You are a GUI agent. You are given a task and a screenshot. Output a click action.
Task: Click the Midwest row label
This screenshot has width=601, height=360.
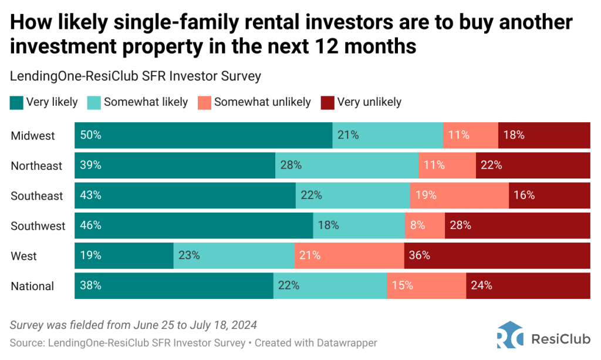pyautogui.click(x=33, y=136)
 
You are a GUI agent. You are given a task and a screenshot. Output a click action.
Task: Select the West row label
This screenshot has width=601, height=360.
pyautogui.click(x=24, y=256)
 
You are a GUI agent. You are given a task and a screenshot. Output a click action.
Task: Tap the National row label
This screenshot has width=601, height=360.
pyautogui.click(x=33, y=287)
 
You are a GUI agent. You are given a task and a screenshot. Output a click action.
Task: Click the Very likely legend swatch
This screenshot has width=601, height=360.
pyautogui.click(x=17, y=103)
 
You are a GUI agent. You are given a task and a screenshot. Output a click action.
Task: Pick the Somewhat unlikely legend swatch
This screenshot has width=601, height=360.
pyautogui.click(x=205, y=103)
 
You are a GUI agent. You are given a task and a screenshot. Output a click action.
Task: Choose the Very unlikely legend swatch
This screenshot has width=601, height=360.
pyautogui.click(x=327, y=103)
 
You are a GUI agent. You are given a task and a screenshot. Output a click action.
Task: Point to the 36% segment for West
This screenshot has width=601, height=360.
pyautogui.click(x=497, y=255)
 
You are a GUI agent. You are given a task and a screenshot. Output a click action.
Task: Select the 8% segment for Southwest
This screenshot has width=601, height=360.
pyautogui.click(x=424, y=226)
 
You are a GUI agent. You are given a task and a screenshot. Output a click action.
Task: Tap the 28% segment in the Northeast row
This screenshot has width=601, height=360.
pyautogui.click(x=347, y=166)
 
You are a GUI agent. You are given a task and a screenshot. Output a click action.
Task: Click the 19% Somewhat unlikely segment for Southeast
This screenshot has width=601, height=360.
pyautogui.click(x=459, y=196)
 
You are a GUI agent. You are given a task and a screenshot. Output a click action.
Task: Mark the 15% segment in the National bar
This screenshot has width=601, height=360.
pyautogui.click(x=426, y=286)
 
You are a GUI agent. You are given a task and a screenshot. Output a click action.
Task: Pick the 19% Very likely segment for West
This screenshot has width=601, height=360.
pyautogui.click(x=124, y=255)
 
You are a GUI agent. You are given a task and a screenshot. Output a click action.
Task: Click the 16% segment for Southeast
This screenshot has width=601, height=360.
pyautogui.click(x=549, y=196)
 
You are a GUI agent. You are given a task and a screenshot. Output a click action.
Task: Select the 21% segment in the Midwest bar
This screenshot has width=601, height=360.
pyautogui.click(x=387, y=135)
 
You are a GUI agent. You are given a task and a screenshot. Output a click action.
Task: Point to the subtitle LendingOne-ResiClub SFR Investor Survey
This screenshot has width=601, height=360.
pyautogui.click(x=136, y=76)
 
